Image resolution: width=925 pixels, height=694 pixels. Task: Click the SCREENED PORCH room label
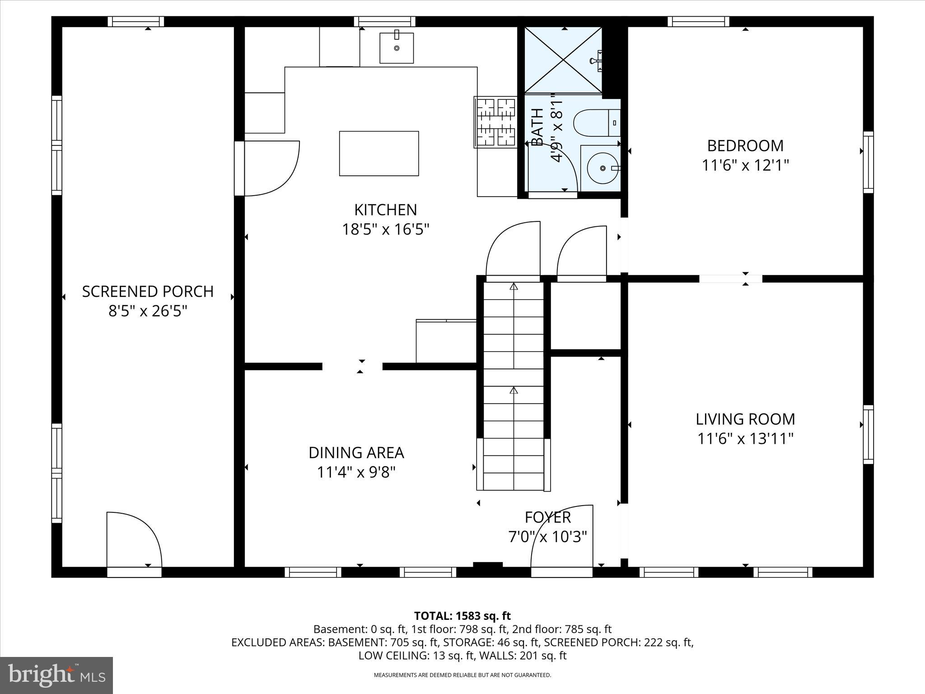148,291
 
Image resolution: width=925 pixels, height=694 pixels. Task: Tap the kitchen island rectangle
378,154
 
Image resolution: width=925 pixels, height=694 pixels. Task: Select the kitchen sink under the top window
396,48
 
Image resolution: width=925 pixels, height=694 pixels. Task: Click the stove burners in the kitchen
495,122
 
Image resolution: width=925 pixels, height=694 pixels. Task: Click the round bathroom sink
603,168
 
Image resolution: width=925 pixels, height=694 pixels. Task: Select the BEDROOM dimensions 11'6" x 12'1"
745,165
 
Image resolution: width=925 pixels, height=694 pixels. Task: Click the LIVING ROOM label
745,419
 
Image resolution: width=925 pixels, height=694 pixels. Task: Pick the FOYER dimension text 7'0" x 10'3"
547,537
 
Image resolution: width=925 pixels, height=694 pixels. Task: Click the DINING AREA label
356,453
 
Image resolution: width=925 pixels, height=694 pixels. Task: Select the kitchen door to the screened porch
269,168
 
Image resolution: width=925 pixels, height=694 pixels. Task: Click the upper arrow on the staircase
514,286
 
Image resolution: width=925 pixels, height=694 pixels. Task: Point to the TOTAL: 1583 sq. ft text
462,616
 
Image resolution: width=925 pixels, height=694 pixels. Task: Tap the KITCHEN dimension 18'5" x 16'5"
385,230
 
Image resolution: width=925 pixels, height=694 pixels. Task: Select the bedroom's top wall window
698,22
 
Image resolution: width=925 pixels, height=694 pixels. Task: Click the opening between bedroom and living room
730,279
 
